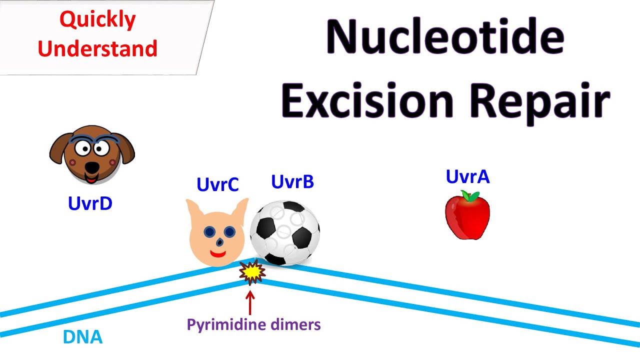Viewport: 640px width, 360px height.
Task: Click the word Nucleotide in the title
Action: pos(444,39)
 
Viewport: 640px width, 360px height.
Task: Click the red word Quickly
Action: pos(97,20)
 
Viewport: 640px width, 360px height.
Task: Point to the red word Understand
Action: pos(97,48)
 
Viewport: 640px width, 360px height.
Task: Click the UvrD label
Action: pos(90,203)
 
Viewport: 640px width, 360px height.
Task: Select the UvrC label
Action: pos(217,184)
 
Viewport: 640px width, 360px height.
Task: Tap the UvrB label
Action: pos(292,182)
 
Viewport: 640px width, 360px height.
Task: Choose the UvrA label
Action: pos(467,176)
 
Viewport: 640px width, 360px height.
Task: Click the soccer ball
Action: pos(284,232)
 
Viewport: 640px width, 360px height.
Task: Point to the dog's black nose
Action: pos(91,165)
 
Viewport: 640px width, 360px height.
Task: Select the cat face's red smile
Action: pos(218,254)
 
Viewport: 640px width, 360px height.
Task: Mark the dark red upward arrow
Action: pos(250,302)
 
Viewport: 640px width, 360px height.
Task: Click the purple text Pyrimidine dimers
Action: pos(253,325)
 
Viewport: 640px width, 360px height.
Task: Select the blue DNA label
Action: pos(82,337)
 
